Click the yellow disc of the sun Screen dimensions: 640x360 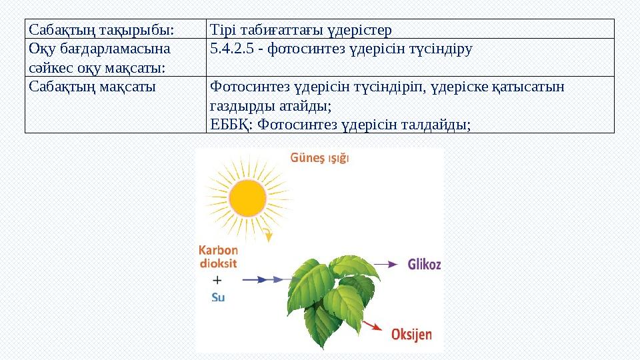(247, 198)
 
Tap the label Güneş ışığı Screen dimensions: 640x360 (319, 159)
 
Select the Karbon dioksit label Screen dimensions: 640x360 (219, 257)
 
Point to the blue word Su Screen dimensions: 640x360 (218, 297)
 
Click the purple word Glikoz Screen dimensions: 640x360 (424, 265)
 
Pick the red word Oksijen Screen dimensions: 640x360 (411, 335)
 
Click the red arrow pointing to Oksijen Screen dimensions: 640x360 (372, 326)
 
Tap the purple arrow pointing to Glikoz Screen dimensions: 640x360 (386, 265)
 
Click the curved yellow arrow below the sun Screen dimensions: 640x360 (267, 235)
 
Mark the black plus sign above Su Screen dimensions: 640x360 (217, 280)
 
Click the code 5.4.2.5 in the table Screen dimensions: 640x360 (232, 49)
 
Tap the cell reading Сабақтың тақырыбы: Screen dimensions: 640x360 (101, 30)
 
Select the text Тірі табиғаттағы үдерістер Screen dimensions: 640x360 (301, 30)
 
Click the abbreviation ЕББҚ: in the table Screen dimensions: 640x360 (231, 125)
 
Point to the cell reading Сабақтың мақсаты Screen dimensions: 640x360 (92, 87)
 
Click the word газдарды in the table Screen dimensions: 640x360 (243, 106)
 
